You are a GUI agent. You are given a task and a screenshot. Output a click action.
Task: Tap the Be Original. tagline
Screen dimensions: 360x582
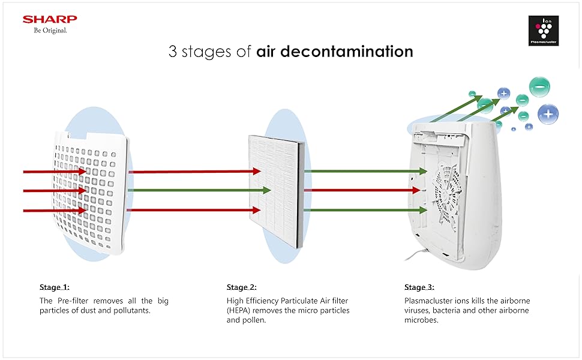pyautogui.click(x=50, y=31)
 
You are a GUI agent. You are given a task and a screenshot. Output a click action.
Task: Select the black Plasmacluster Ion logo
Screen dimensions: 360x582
pyautogui.click(x=547, y=30)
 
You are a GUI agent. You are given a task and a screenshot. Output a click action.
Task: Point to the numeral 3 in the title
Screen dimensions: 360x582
pyautogui.click(x=173, y=52)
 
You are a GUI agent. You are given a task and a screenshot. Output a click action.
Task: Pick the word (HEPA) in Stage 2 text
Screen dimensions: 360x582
pyautogui.click(x=241, y=310)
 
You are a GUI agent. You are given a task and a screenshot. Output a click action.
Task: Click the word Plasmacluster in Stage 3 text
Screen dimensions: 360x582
pyautogui.click(x=430, y=300)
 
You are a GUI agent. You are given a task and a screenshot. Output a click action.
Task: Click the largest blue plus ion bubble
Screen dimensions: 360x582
pyautogui.click(x=547, y=113)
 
